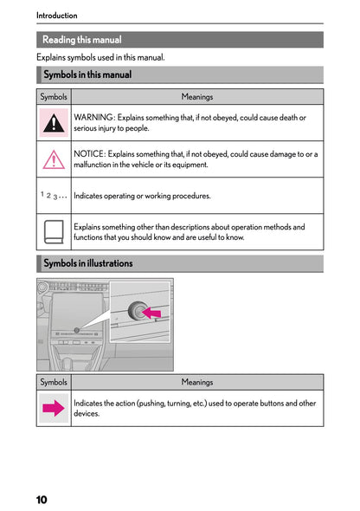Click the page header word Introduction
pos(56,15)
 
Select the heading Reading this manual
pos(82,40)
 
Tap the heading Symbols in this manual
pos(87,75)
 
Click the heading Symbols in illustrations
pos(87,263)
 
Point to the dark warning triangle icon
pos(54,123)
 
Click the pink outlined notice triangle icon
pos(54,159)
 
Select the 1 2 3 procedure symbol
pos(54,196)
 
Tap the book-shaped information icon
pos(54,232)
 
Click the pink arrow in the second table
pos(54,409)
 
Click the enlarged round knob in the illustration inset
pos(137,309)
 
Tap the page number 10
pos(42,500)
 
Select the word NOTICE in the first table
pos(92,154)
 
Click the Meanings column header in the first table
pos(196,97)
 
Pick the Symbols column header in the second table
pos(54,382)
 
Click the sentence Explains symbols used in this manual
pos(100,57)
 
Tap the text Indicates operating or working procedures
pos(142,196)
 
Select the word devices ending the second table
pos(87,414)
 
